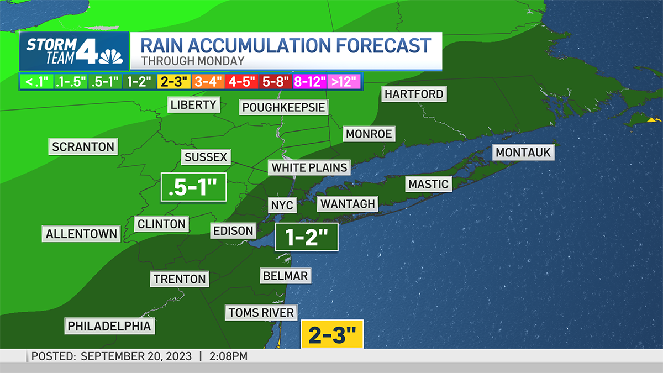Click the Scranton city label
pos(83,147)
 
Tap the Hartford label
pos(414,94)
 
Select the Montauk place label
pos(524,153)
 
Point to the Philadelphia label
pos(109,326)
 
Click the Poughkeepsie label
pos(283,107)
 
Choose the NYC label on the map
pos(282,205)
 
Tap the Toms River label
pos(261,313)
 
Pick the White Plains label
pos(309,167)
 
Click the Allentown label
pos(82,234)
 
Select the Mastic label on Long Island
pos(428,184)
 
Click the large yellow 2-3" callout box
pos(331,334)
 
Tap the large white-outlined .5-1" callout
pos(193,186)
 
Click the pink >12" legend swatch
pos(344,82)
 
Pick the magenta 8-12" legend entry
pos(310,82)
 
